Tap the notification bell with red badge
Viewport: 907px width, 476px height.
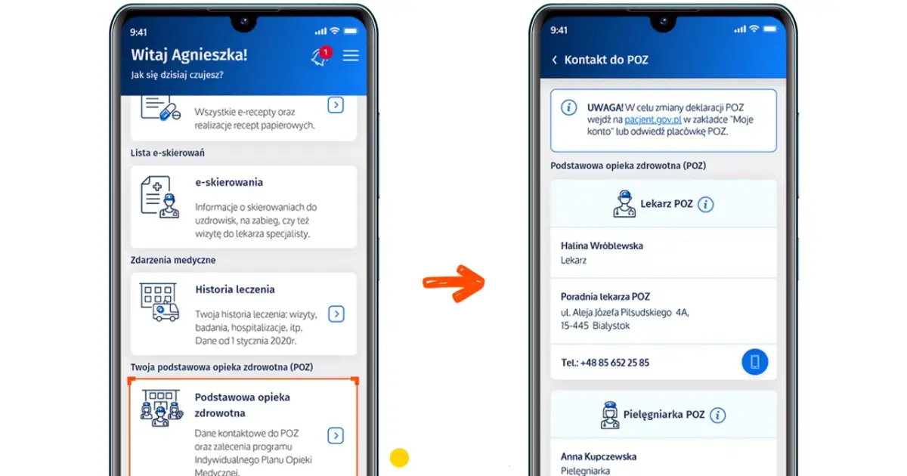[321, 57]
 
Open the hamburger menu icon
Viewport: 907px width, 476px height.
[351, 55]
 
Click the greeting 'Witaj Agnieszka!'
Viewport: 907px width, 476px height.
[189, 55]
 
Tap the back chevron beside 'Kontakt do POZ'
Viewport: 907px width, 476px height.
[554, 60]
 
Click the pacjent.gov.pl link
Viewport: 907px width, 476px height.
[653, 119]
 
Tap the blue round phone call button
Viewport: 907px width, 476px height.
[755, 362]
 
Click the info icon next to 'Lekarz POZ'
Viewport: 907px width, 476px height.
[705, 205]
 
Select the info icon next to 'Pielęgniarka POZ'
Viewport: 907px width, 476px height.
[717, 416]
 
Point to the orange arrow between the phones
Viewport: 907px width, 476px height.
[453, 283]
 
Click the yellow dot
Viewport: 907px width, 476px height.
[399, 458]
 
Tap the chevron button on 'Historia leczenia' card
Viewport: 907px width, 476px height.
[336, 314]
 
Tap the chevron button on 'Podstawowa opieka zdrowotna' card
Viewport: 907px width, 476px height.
[336, 435]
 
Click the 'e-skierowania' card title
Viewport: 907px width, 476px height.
[229, 183]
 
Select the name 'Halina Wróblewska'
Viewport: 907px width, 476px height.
[602, 246]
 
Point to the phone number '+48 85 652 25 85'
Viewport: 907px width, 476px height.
[614, 363]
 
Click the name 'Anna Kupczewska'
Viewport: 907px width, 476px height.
[599, 456]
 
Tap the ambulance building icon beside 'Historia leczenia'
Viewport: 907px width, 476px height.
[159, 302]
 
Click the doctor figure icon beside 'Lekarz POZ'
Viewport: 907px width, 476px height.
[624, 204]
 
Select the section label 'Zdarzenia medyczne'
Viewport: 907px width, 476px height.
[173, 260]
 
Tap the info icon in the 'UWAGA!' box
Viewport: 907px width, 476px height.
[569, 107]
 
